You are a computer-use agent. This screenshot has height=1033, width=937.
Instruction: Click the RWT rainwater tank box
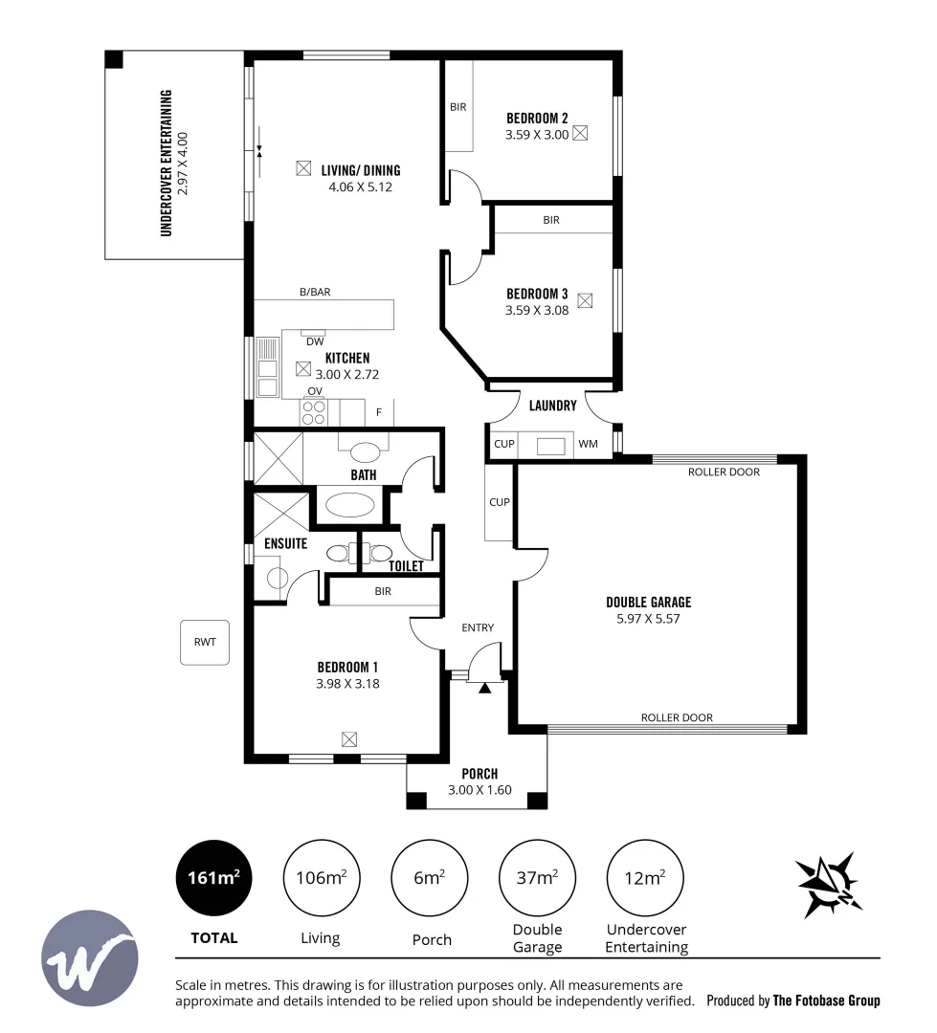click(x=205, y=643)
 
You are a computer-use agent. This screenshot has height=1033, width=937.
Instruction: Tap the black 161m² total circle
click(x=213, y=877)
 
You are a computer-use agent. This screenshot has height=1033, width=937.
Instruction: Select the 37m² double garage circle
click(x=537, y=877)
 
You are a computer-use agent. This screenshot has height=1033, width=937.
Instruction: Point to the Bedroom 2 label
click(x=537, y=119)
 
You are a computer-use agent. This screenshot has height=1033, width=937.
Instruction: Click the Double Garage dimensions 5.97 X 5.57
click(x=648, y=619)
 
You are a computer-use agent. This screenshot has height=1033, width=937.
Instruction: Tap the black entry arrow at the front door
click(x=485, y=687)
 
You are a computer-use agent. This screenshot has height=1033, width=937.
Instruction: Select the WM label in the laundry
click(x=588, y=444)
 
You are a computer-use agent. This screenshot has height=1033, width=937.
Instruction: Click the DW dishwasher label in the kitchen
click(x=314, y=341)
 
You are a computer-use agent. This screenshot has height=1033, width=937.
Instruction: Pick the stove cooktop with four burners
click(x=314, y=412)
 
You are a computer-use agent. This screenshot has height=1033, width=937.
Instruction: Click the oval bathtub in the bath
click(x=347, y=504)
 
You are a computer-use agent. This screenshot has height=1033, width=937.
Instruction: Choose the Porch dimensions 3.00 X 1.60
click(x=480, y=790)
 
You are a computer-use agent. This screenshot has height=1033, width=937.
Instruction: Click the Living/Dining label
click(x=361, y=170)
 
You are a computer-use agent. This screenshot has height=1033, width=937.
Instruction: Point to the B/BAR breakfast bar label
click(x=314, y=293)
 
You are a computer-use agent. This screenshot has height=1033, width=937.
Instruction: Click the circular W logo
click(x=90, y=957)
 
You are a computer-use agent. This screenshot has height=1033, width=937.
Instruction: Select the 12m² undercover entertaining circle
click(x=645, y=877)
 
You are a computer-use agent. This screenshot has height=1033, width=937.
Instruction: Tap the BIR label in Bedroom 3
click(x=551, y=220)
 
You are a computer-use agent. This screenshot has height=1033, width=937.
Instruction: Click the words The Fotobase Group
click(x=826, y=1000)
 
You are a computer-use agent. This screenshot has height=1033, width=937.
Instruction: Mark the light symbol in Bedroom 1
click(x=349, y=738)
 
